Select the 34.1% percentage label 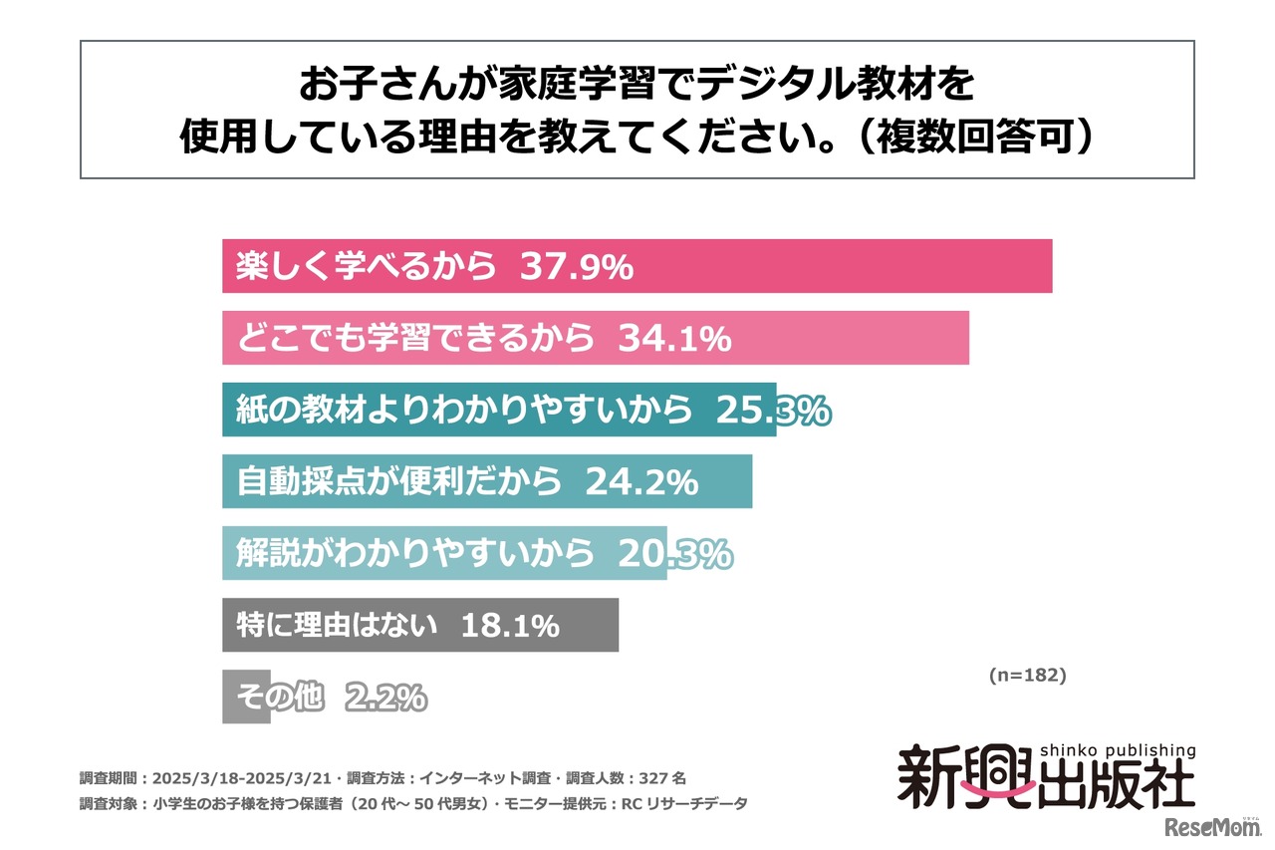(674, 339)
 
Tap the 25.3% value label (773, 411)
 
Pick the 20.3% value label (674, 554)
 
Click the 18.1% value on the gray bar (509, 626)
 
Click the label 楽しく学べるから (366, 267)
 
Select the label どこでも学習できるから (414, 339)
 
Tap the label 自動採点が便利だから (398, 482)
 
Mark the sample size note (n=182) (1027, 675)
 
